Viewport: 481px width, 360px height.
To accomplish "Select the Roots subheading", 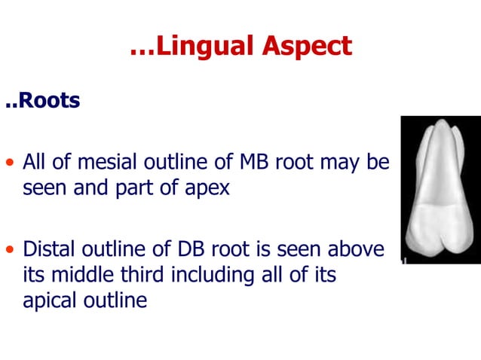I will coord(45,100).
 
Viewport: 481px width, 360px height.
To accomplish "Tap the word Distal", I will coord(48,248).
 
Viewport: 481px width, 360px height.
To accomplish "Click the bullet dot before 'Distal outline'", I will coord(10,249).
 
